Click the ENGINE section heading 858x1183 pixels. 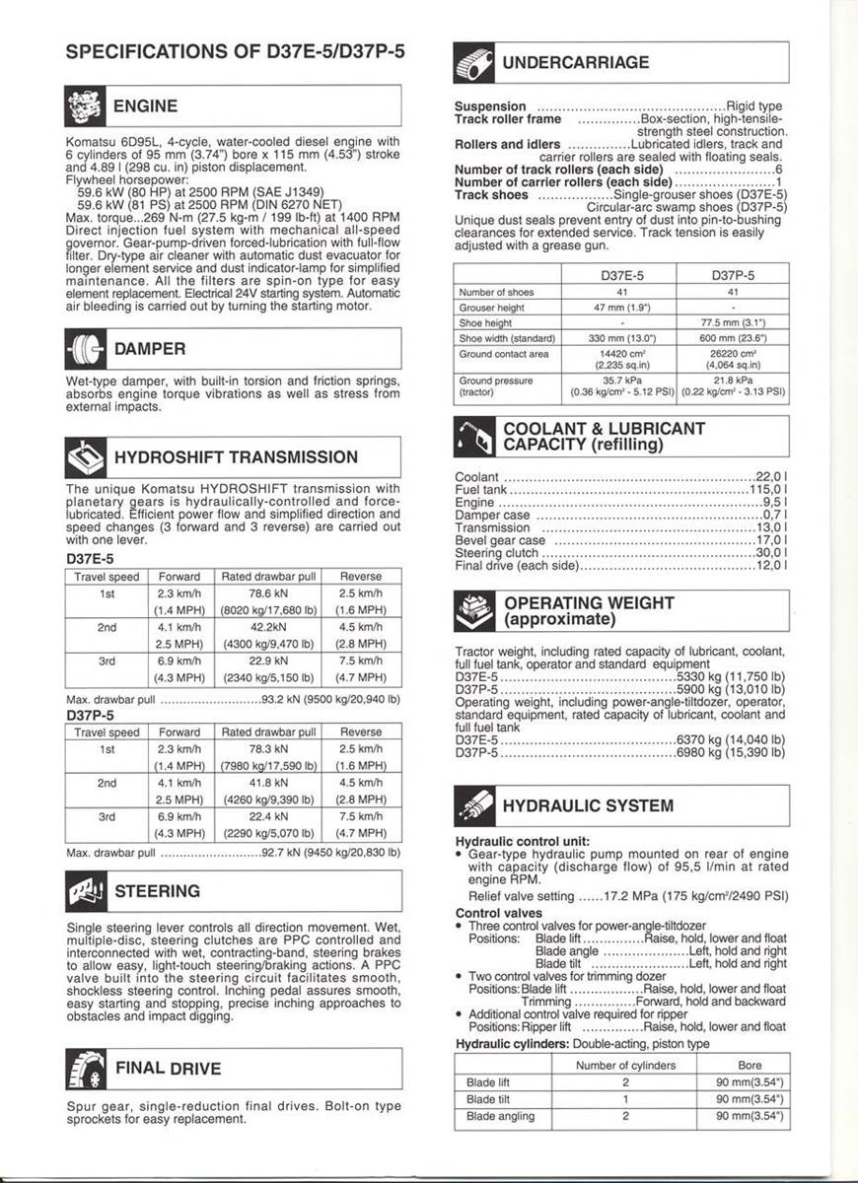coord(146,106)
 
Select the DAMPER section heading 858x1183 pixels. coord(150,348)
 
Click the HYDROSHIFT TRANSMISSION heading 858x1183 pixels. coord(236,457)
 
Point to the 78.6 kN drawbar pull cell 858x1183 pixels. coord(268,593)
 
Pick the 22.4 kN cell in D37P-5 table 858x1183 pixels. coord(268,816)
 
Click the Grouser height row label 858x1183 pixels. coord(491,308)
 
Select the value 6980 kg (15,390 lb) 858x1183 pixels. coord(730,752)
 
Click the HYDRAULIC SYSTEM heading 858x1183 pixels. coord(588,806)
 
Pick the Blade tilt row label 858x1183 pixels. coord(488,1099)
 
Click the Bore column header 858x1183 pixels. coord(750,1066)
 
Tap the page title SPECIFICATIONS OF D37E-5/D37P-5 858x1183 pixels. coord(228,53)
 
